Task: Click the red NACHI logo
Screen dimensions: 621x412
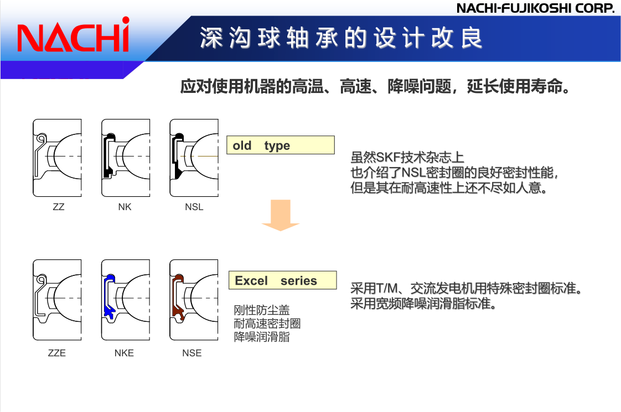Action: (73, 35)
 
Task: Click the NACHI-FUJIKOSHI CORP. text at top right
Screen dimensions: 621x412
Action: (535, 8)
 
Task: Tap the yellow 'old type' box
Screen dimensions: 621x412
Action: (281, 145)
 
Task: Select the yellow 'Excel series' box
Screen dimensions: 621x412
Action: (282, 280)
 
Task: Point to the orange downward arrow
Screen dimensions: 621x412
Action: (281, 215)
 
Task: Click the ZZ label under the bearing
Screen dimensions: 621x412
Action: (59, 207)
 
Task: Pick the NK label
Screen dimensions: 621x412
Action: (125, 207)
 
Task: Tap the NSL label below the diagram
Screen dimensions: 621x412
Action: (194, 207)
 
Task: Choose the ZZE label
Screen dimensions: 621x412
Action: (57, 353)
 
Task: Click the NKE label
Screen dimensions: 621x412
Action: (124, 353)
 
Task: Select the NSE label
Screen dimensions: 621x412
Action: (192, 353)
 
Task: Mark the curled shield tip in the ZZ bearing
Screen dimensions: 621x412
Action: (41, 138)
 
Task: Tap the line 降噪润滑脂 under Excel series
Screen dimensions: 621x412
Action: (262, 337)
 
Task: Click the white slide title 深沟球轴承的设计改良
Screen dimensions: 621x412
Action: (341, 38)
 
